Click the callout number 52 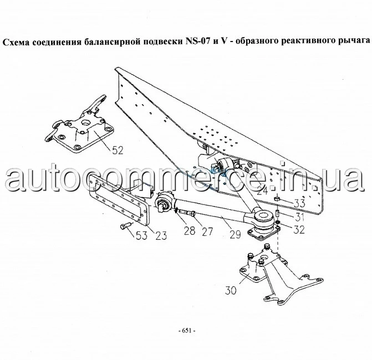(x=118, y=150)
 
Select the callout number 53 (x=141, y=235)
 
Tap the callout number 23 (x=161, y=235)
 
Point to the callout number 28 (x=190, y=230)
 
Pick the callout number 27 (x=207, y=232)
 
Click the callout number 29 (x=236, y=234)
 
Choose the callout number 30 (x=231, y=291)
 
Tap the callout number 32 (x=299, y=229)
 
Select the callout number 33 (x=299, y=203)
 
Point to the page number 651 (x=187, y=331)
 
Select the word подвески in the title (x=162, y=42)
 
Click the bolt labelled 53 (x=126, y=225)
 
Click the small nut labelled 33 (x=277, y=198)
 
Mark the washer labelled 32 (x=278, y=222)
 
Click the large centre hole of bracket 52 (x=85, y=123)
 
